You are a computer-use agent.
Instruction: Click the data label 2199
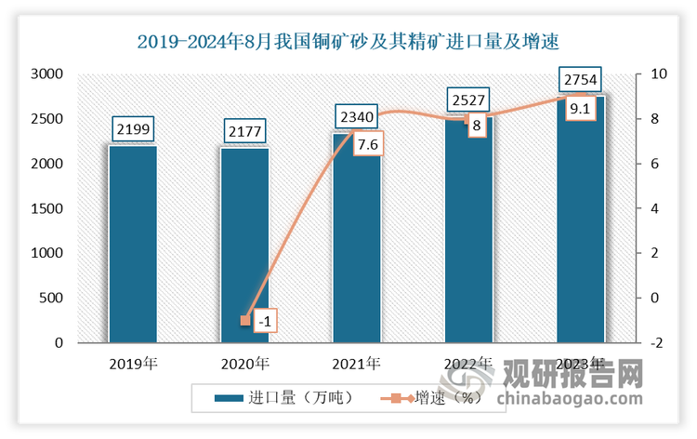tap(133, 127)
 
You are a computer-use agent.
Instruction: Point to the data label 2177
tap(245, 129)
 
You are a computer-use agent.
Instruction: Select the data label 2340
tap(357, 115)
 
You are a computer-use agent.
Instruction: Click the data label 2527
tap(468, 99)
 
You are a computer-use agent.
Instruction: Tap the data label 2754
tap(581, 78)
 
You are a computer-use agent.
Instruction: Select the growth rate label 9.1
tap(582, 110)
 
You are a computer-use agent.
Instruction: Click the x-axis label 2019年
tap(133, 364)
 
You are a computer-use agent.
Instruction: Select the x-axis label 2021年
tap(357, 364)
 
